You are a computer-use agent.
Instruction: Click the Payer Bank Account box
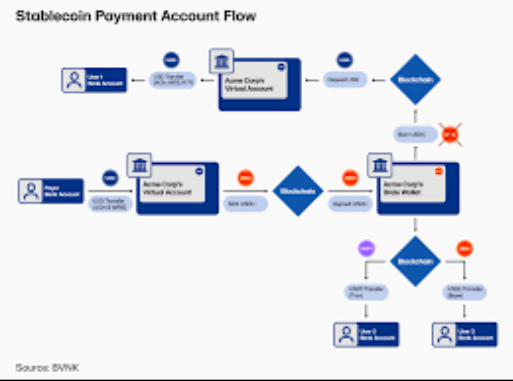click(x=51, y=191)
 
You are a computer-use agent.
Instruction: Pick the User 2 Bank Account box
click(x=366, y=334)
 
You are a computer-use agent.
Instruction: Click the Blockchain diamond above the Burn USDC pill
click(x=415, y=80)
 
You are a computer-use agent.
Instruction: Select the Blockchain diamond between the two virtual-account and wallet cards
click(x=298, y=191)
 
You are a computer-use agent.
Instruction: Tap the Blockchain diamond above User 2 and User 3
click(x=415, y=261)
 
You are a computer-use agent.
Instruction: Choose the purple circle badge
click(x=366, y=248)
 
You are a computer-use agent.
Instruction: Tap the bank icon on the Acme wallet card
click(x=380, y=165)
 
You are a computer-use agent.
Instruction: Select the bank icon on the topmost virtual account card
click(x=221, y=61)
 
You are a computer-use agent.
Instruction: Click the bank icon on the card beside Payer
click(x=139, y=165)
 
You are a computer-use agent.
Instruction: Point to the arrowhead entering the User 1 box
click(x=133, y=80)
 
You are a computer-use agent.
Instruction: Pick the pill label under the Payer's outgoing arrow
click(x=110, y=204)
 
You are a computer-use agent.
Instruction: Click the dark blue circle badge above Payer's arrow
click(x=110, y=178)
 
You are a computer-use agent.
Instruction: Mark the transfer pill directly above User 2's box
click(x=366, y=292)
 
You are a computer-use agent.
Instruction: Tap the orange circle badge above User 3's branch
click(x=464, y=248)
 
